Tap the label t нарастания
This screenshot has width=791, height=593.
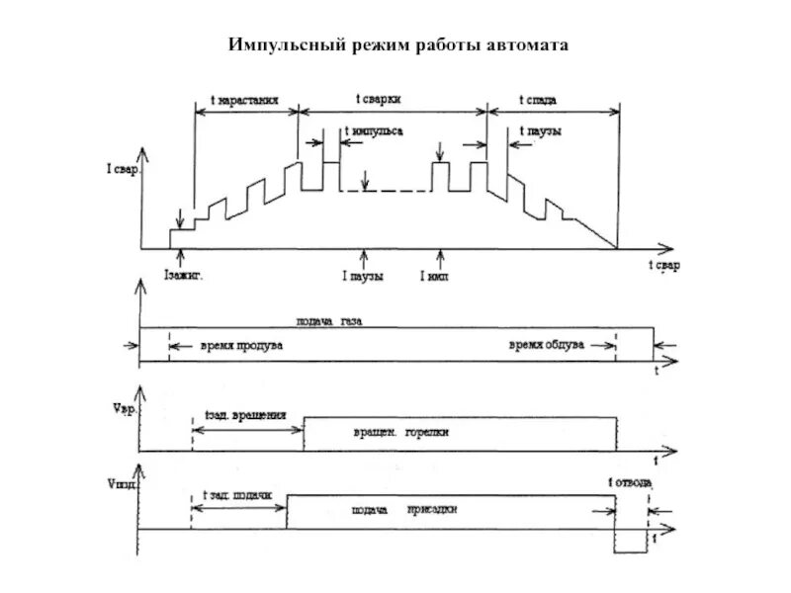(x=244, y=101)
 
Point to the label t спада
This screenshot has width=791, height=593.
(x=542, y=100)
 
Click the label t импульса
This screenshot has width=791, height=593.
(x=373, y=131)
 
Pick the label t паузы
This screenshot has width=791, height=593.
(x=540, y=131)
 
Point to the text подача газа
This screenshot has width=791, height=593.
(x=337, y=321)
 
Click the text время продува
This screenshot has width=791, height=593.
(x=241, y=346)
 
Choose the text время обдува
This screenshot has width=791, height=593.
(x=547, y=346)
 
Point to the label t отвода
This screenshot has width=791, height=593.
(x=629, y=483)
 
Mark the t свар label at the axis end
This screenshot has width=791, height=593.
(x=663, y=268)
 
